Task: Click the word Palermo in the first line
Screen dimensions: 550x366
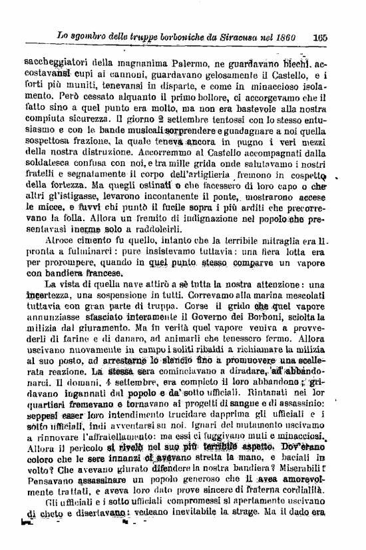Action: point(180,65)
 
